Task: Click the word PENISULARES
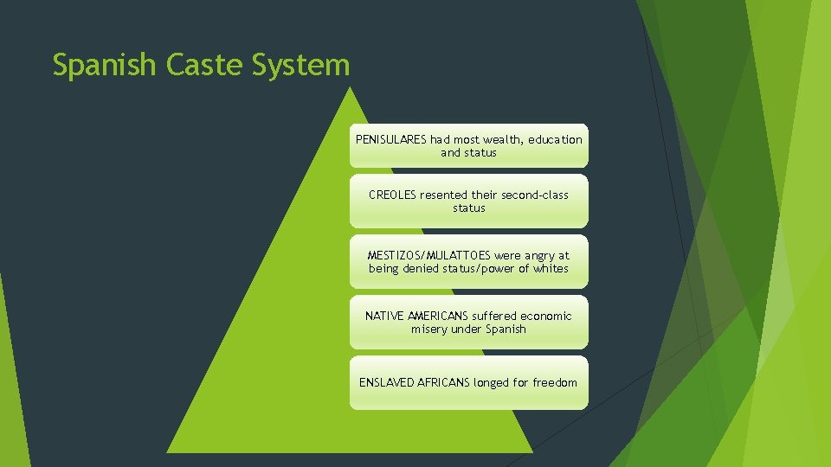391,139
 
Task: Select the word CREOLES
392,195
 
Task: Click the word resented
443,195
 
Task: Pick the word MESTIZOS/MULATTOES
428,255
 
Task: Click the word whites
551,268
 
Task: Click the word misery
429,329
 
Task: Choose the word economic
545,316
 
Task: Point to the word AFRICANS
445,382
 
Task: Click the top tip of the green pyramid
349,87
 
